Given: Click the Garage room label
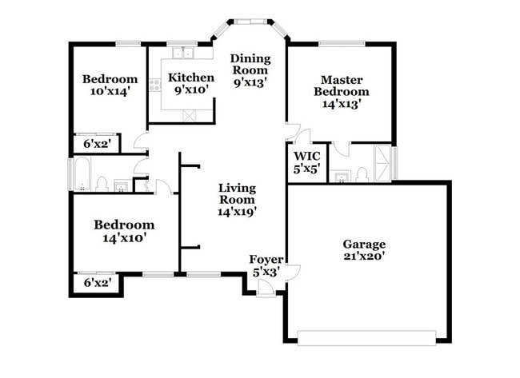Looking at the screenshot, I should coord(364,244).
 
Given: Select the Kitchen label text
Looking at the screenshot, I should coord(190,78).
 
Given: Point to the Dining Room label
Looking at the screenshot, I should coord(250,64).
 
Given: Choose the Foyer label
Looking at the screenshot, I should coord(264,259).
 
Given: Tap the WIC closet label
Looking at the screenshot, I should coord(306,156).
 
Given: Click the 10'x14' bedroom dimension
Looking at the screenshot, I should coord(110,91).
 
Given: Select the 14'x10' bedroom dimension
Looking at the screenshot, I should coord(123,237).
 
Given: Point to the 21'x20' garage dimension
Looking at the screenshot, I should coord(364,257).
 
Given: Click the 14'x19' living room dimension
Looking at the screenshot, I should coord(238,213).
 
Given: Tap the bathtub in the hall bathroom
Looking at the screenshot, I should coord(81,174).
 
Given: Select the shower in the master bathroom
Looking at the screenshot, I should coord(384,162).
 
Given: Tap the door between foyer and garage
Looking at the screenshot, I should coord(292,273).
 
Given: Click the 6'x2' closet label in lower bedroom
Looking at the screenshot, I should coord(97,281).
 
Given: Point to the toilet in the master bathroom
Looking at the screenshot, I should coord(361,173).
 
